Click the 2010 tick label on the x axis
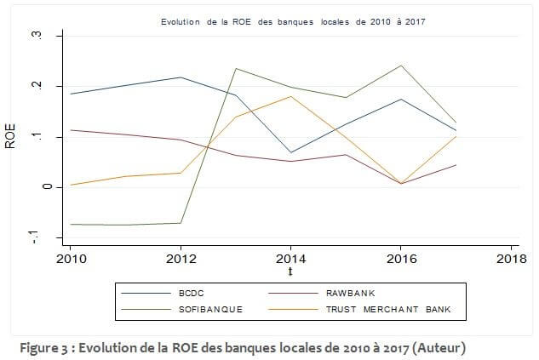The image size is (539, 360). pos(72,257)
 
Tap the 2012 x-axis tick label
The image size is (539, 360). pos(181,257)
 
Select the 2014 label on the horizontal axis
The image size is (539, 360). pos(290,257)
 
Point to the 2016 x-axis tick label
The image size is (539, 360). pos(400,257)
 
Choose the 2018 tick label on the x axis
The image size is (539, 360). pos(509,257)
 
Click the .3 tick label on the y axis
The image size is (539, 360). pos(34,36)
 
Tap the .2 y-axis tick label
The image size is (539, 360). pos(34,86)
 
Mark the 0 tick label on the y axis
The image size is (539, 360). pos(34,186)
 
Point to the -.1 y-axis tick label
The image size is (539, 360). pos(34,236)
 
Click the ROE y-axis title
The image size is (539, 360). pos(11,136)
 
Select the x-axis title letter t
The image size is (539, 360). pos(290,272)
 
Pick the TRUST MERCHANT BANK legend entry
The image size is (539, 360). pos(397,308)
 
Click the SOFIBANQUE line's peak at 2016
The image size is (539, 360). pos(400,66)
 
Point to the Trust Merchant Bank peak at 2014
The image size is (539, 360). pos(290,96)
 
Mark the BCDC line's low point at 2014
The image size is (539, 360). pos(290,152)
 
